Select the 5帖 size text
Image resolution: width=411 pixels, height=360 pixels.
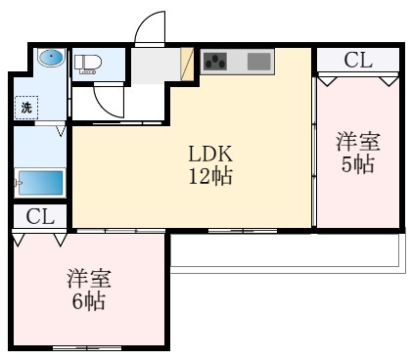[x=358, y=165]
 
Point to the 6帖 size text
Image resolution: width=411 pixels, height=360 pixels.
[x=87, y=299]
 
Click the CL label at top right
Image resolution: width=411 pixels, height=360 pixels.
[x=358, y=60]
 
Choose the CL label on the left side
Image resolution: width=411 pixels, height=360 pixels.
[x=39, y=216]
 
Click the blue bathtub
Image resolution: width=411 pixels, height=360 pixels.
[x=39, y=183]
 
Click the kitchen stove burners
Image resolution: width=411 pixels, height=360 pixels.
[x=216, y=64]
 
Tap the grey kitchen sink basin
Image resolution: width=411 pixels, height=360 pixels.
[x=259, y=63]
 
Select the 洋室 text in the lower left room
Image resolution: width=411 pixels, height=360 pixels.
[x=87, y=278]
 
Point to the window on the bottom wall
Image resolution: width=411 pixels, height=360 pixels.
[x=80, y=347]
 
